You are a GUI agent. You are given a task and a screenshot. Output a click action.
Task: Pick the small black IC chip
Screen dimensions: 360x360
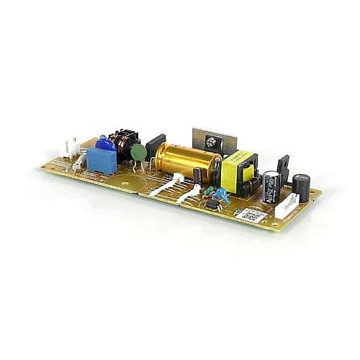(x=214, y=204)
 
